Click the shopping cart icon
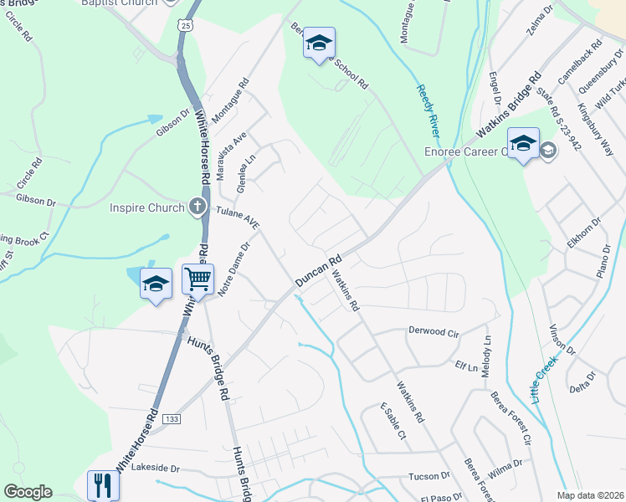(x=198, y=279)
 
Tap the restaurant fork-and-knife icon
(x=104, y=485)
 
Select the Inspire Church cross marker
(x=198, y=207)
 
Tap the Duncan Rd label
(x=318, y=273)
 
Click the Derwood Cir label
(x=434, y=331)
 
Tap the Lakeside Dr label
(x=156, y=469)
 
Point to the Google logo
(x=28, y=492)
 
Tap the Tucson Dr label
(x=429, y=476)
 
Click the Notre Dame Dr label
(x=234, y=269)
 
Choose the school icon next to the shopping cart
(x=156, y=284)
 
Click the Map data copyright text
(x=591, y=495)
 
